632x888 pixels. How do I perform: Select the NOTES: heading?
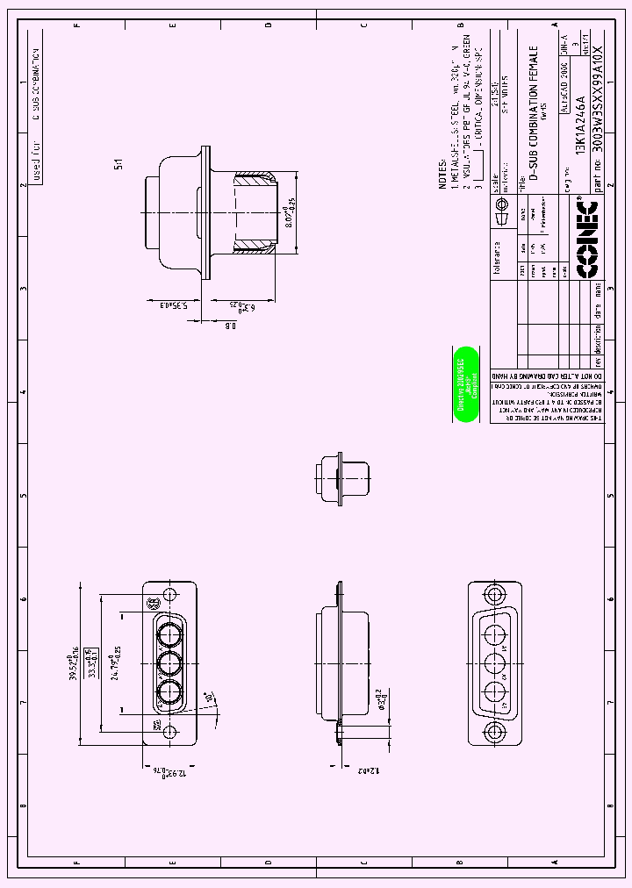tap(443, 174)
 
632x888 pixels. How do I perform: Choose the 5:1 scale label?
tap(118, 162)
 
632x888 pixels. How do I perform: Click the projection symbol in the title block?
tap(503, 214)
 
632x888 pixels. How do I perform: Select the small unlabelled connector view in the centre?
tap(340, 478)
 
